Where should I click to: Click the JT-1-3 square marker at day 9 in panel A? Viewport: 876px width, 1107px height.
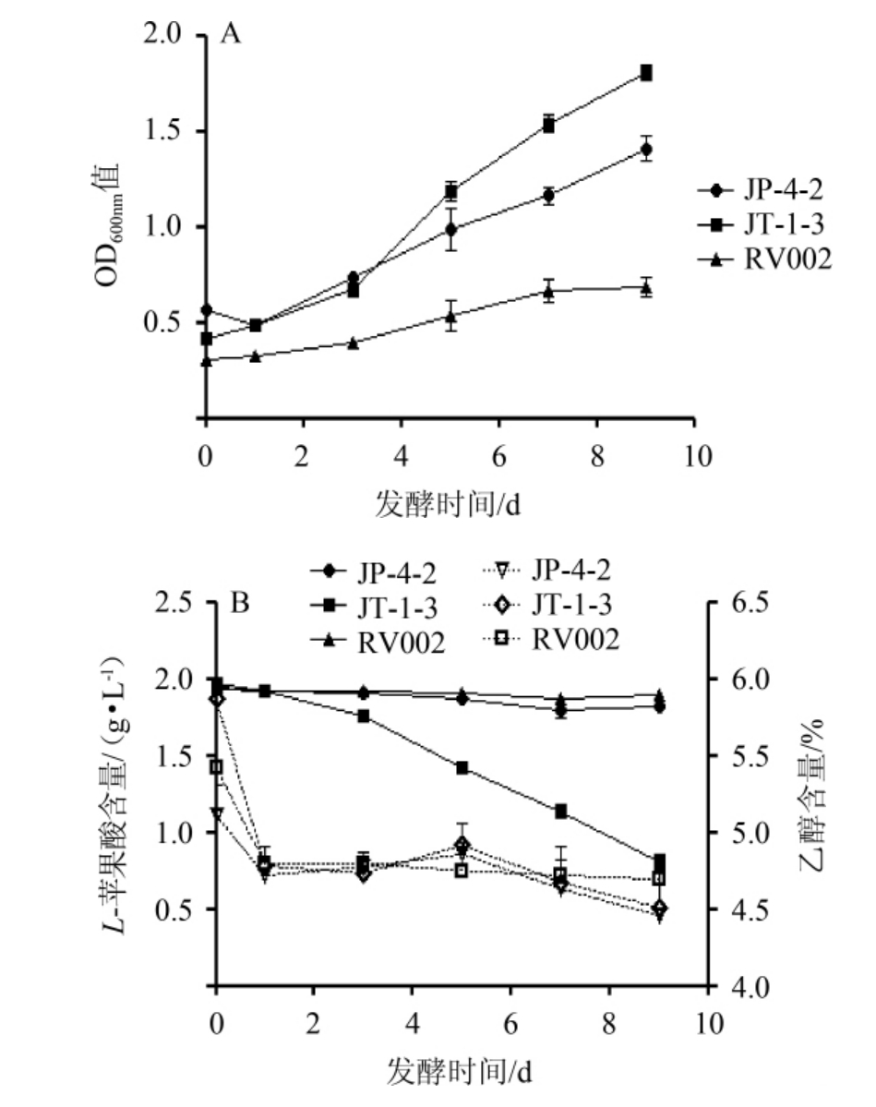pyautogui.click(x=646, y=73)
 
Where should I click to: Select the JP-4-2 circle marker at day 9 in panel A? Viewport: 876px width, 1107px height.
pyautogui.click(x=646, y=149)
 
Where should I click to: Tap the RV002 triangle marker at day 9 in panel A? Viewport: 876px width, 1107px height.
pyautogui.click(x=646, y=288)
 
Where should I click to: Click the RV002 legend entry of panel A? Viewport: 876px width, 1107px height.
pyautogui.click(x=765, y=259)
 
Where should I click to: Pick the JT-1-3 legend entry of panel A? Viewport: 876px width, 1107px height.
pyautogui.click(x=765, y=225)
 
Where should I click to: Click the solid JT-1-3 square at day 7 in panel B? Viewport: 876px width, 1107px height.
pyautogui.click(x=560, y=812)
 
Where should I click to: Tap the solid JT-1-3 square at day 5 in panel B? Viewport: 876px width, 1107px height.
pyautogui.click(x=462, y=768)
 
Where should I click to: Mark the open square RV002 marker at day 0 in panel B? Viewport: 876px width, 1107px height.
pyautogui.click(x=216, y=767)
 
